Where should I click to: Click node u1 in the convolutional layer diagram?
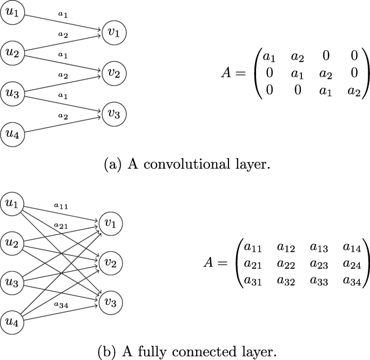(11, 12)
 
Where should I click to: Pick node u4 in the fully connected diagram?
(11, 322)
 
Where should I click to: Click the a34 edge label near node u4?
(60, 304)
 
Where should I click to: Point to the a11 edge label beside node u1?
(60, 206)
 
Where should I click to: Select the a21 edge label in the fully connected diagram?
(60, 225)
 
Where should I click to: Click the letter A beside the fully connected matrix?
(210, 263)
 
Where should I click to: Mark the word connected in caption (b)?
(202, 352)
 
